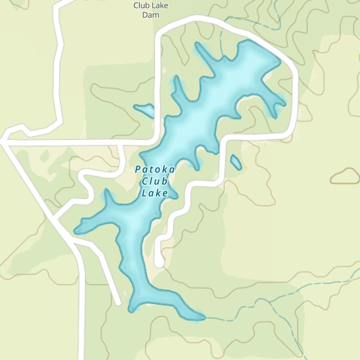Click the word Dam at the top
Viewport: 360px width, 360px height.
pyautogui.click(x=150, y=15)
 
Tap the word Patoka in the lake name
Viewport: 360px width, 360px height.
pyautogui.click(x=155, y=170)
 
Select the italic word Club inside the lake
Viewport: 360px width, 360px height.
pyautogui.click(x=155, y=181)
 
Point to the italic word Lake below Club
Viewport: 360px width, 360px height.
pyautogui.click(x=155, y=193)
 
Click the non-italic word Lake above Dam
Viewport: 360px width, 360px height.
pyautogui.click(x=160, y=6)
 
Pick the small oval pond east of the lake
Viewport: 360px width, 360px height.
pyautogui.click(x=236, y=162)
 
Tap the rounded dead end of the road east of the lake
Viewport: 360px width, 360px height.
pyautogui.click(x=159, y=263)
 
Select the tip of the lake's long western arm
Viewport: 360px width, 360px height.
pyautogui.click(x=76, y=230)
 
